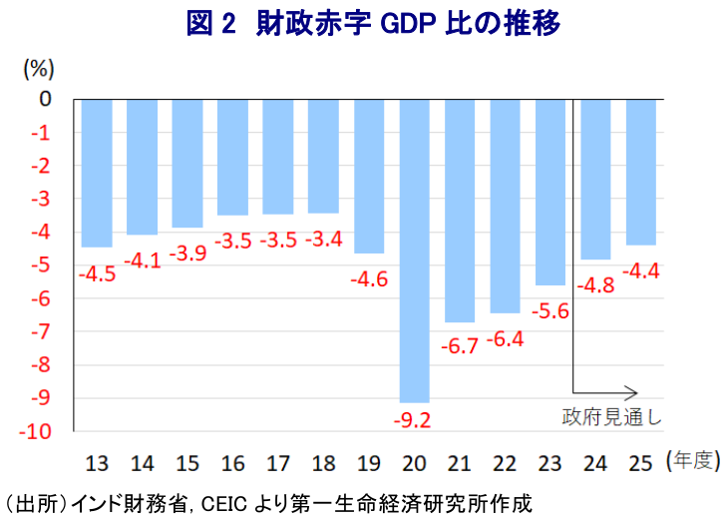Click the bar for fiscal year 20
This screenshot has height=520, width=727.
click(414, 250)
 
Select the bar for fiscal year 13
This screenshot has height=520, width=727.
click(97, 172)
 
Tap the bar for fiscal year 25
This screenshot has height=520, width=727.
click(640, 171)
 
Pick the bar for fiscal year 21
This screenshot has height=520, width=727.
click(460, 210)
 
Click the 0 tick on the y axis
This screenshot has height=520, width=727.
click(45, 99)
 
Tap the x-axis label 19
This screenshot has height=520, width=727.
click(369, 463)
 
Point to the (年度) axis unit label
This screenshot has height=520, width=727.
click(691, 460)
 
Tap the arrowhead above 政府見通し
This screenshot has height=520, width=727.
click(631, 392)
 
